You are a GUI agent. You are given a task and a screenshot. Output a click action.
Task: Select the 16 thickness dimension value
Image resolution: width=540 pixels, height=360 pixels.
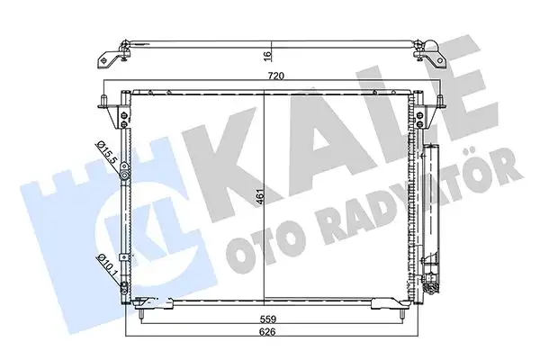(267, 54)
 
